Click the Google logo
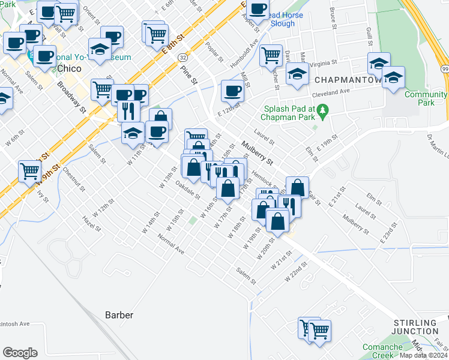click(x=20, y=353)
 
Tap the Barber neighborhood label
click(x=119, y=314)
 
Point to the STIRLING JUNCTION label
click(x=416, y=327)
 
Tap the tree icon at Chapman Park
click(x=323, y=110)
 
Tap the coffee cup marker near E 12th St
click(x=232, y=91)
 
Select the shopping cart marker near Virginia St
click(x=271, y=55)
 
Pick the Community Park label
click(x=425, y=98)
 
